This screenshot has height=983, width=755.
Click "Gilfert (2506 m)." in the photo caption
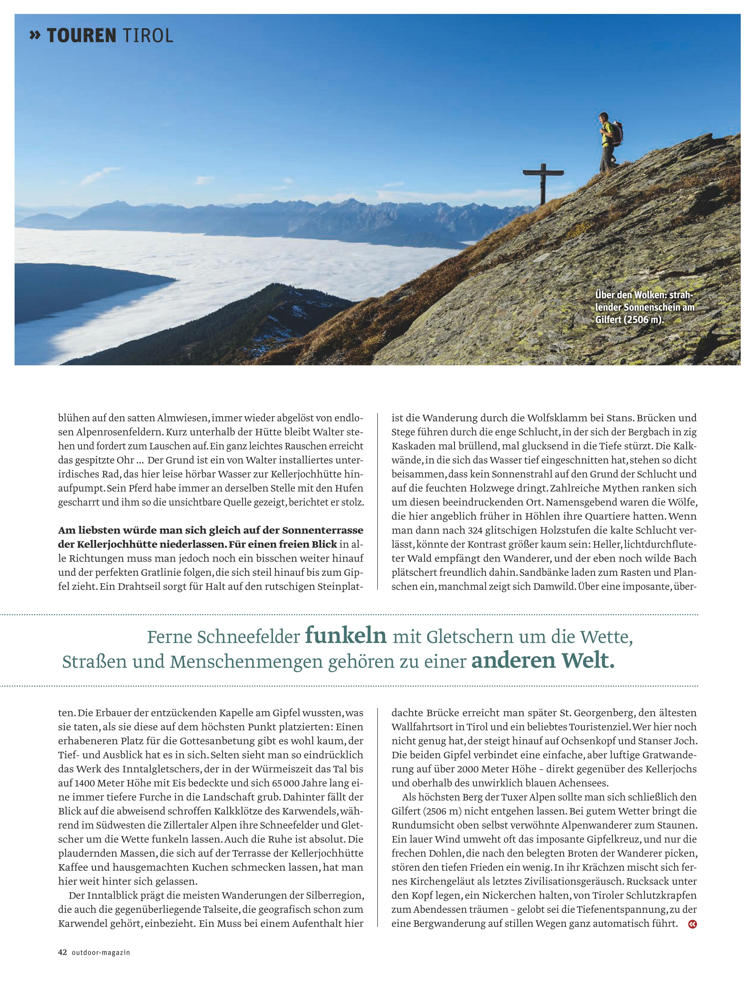[x=629, y=320]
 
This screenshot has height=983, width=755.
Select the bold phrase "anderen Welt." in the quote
[x=542, y=661]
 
